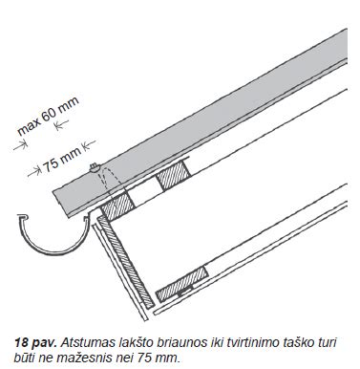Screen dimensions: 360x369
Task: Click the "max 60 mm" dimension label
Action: click(49, 116)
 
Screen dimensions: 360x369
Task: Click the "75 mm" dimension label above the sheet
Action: click(61, 160)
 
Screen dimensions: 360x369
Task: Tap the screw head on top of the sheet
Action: click(95, 167)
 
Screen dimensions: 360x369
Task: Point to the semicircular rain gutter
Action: click(53, 236)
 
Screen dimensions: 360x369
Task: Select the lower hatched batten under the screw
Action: click(117, 205)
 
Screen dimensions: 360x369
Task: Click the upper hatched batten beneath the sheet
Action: click(174, 175)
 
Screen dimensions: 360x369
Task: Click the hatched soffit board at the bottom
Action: click(182, 285)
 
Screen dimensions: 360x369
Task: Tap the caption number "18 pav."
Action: click(35, 343)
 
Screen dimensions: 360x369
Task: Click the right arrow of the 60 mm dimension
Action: click(61, 124)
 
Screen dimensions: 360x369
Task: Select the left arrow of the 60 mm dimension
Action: click(20, 145)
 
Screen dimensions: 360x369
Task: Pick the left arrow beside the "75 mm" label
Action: click(34, 171)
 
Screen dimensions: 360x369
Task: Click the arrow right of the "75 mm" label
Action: click(89, 144)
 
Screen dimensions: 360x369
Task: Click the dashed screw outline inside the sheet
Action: click(108, 182)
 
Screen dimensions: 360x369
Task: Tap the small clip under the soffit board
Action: click(185, 291)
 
